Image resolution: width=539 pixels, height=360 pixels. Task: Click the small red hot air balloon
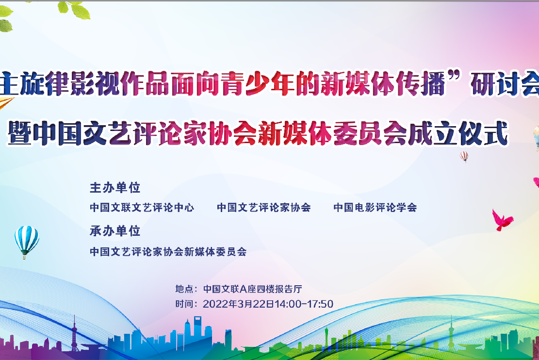pyautogui.click(x=464, y=156)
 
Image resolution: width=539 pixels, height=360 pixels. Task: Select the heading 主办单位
pyautogui.click(x=115, y=188)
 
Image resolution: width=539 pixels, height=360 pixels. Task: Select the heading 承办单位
pyautogui.click(x=115, y=231)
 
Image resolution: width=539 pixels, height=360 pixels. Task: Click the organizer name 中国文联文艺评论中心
pyautogui.click(x=142, y=207)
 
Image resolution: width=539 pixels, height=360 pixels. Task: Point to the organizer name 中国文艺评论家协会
pyautogui.click(x=263, y=207)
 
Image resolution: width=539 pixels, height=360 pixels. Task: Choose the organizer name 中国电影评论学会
pyautogui.click(x=375, y=207)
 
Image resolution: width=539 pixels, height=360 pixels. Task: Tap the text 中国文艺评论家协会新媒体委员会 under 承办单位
pyautogui.click(x=168, y=252)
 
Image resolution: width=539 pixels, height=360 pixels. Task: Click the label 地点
pyautogui.click(x=184, y=289)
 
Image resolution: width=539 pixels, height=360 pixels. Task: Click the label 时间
pyautogui.click(x=184, y=304)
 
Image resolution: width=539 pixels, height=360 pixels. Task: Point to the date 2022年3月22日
pyautogui.click(x=239, y=304)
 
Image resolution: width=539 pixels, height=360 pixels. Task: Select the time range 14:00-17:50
pyautogui.click(x=304, y=304)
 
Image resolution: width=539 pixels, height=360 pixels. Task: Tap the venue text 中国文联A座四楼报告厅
pyautogui.click(x=253, y=289)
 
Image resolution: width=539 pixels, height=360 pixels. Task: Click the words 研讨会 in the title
pyautogui.click(x=505, y=83)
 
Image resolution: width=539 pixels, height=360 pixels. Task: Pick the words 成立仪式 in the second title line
pyautogui.click(x=458, y=133)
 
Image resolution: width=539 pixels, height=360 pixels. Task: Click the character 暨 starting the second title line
pyautogui.click(x=20, y=133)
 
